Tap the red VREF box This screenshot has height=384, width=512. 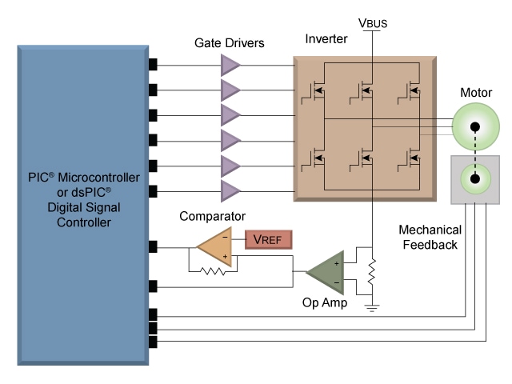pos(269,238)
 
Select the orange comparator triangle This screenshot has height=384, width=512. pos(214,246)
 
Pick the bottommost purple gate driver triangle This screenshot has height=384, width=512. pos(230,190)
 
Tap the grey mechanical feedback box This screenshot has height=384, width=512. pos(474,178)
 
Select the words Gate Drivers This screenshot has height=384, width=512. pos(230,42)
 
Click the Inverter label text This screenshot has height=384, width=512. pos(326,39)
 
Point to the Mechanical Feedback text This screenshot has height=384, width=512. pos(429,237)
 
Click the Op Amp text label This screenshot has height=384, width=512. pos(326,303)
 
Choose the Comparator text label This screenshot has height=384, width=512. pos(211,216)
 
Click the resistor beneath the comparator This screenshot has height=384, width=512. pos(214,270)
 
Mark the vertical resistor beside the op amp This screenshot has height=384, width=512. pos(371,273)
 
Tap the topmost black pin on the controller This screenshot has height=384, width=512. pos(153,64)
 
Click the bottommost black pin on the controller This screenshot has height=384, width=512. pos(153,342)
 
